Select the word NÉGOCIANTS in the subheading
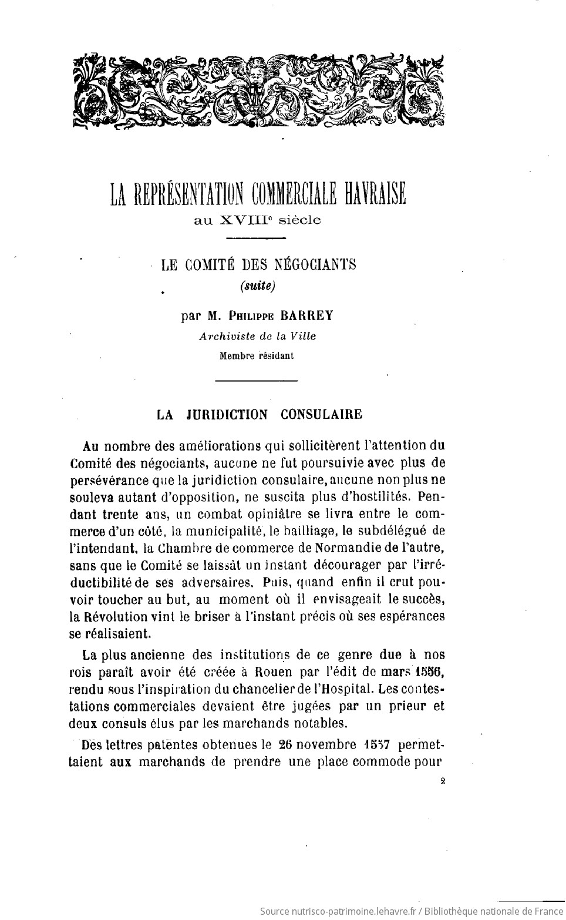tap(311, 265)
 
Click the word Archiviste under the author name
tap(224, 336)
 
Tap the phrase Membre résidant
tap(257, 355)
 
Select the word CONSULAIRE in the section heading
tap(321, 415)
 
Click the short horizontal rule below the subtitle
tap(255, 238)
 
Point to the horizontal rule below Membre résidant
tap(257, 382)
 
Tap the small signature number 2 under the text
tap(442, 781)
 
